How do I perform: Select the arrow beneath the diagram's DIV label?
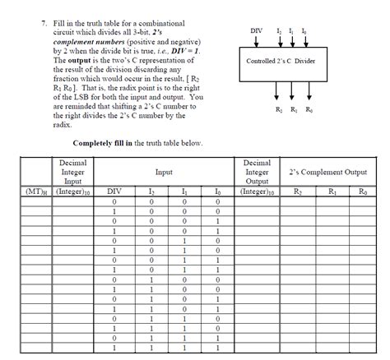click(258, 42)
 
